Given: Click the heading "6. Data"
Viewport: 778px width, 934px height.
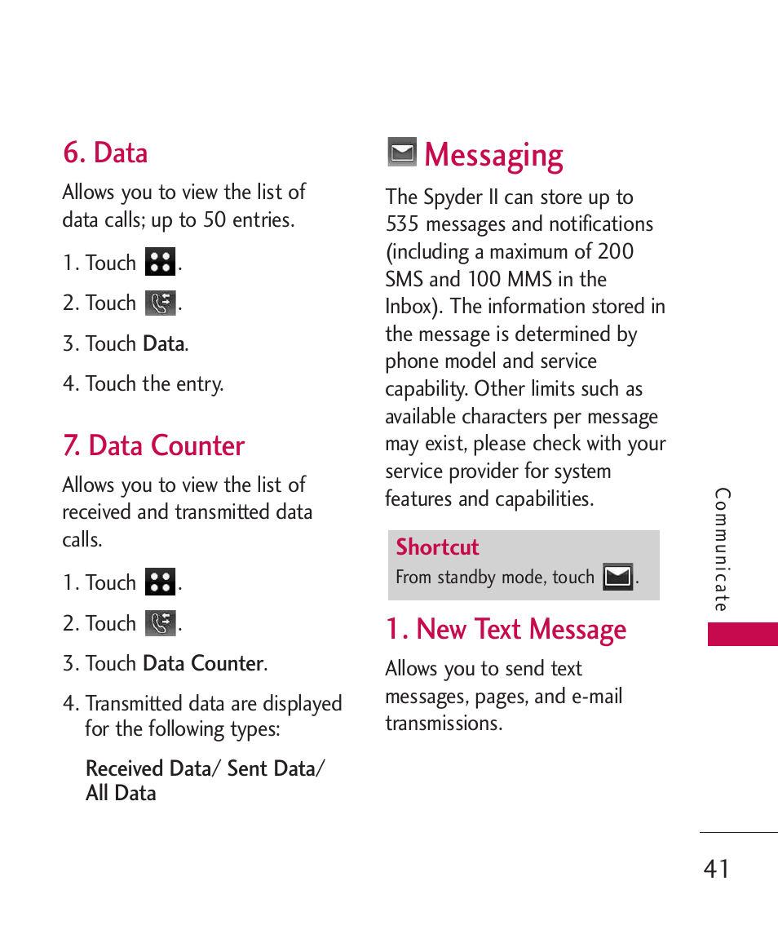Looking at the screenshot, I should pos(105,153).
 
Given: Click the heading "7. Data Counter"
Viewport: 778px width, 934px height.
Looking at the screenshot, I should pos(153,445).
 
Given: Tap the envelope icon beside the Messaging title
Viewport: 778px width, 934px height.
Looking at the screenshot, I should pos(401,153).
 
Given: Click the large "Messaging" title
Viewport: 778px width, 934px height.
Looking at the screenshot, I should pos(493,155).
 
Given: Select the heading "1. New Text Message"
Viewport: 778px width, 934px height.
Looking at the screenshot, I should pos(506,629).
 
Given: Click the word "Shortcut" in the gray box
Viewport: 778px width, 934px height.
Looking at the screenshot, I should pos(437,547).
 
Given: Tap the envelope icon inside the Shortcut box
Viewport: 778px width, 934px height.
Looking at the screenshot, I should pos(617,577).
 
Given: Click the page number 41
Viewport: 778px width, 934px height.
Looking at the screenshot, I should pos(716,869).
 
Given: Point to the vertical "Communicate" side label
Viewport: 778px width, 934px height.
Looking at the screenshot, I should pos(722,549).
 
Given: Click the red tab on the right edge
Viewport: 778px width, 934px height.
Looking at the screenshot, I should pos(742,634).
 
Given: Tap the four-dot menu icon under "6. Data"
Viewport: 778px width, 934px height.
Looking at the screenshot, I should pos(161,263).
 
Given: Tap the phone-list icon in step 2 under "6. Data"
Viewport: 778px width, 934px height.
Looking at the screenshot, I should pos(161,303).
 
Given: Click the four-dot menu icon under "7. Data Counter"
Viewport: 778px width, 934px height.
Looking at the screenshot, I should pos(161,582).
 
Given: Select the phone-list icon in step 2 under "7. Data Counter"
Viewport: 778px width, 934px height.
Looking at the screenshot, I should pos(161,623).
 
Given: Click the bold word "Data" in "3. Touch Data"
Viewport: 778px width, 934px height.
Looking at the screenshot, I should pos(164,343).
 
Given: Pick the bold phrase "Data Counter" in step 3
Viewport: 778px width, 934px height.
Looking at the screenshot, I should pos(203,663).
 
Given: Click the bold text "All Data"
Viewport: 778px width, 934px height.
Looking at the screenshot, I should pos(121,793).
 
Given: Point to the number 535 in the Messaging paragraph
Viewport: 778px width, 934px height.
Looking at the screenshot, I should pos(402,224).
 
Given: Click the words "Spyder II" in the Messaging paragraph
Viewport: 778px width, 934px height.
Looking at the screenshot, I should pos(464,197).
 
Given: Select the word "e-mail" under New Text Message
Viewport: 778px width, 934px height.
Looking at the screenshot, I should pos(596,696).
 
